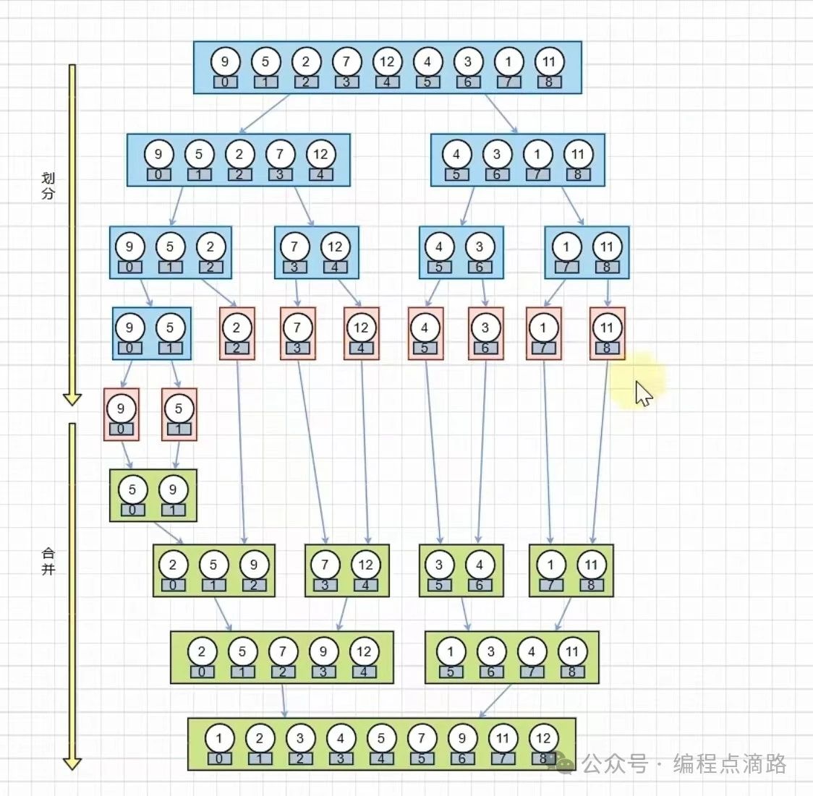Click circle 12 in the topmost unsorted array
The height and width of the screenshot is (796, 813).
tap(387, 61)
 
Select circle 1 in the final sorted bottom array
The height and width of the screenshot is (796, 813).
tap(219, 738)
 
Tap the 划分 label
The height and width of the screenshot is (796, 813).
tap(48, 186)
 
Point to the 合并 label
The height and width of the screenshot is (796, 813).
tap(48, 561)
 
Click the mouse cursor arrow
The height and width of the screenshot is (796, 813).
tap(643, 393)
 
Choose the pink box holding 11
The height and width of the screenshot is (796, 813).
tap(607, 333)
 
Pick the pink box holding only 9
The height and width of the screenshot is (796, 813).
tap(121, 414)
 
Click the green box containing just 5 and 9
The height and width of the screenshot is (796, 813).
tap(153, 495)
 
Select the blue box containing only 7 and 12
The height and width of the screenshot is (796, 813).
tap(315, 252)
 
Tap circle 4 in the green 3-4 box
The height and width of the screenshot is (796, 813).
tap(480, 565)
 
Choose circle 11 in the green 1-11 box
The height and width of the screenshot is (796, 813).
tap(591, 565)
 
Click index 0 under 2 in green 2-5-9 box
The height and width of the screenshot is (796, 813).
tap(173, 585)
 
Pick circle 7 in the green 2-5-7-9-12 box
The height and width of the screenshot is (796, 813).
tap(283, 651)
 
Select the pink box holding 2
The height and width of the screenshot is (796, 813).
tap(237, 333)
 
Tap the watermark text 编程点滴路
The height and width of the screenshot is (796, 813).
tap(729, 763)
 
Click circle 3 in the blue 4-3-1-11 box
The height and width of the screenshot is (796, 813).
tap(497, 154)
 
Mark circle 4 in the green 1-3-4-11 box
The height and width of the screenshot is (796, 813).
tap(532, 651)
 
